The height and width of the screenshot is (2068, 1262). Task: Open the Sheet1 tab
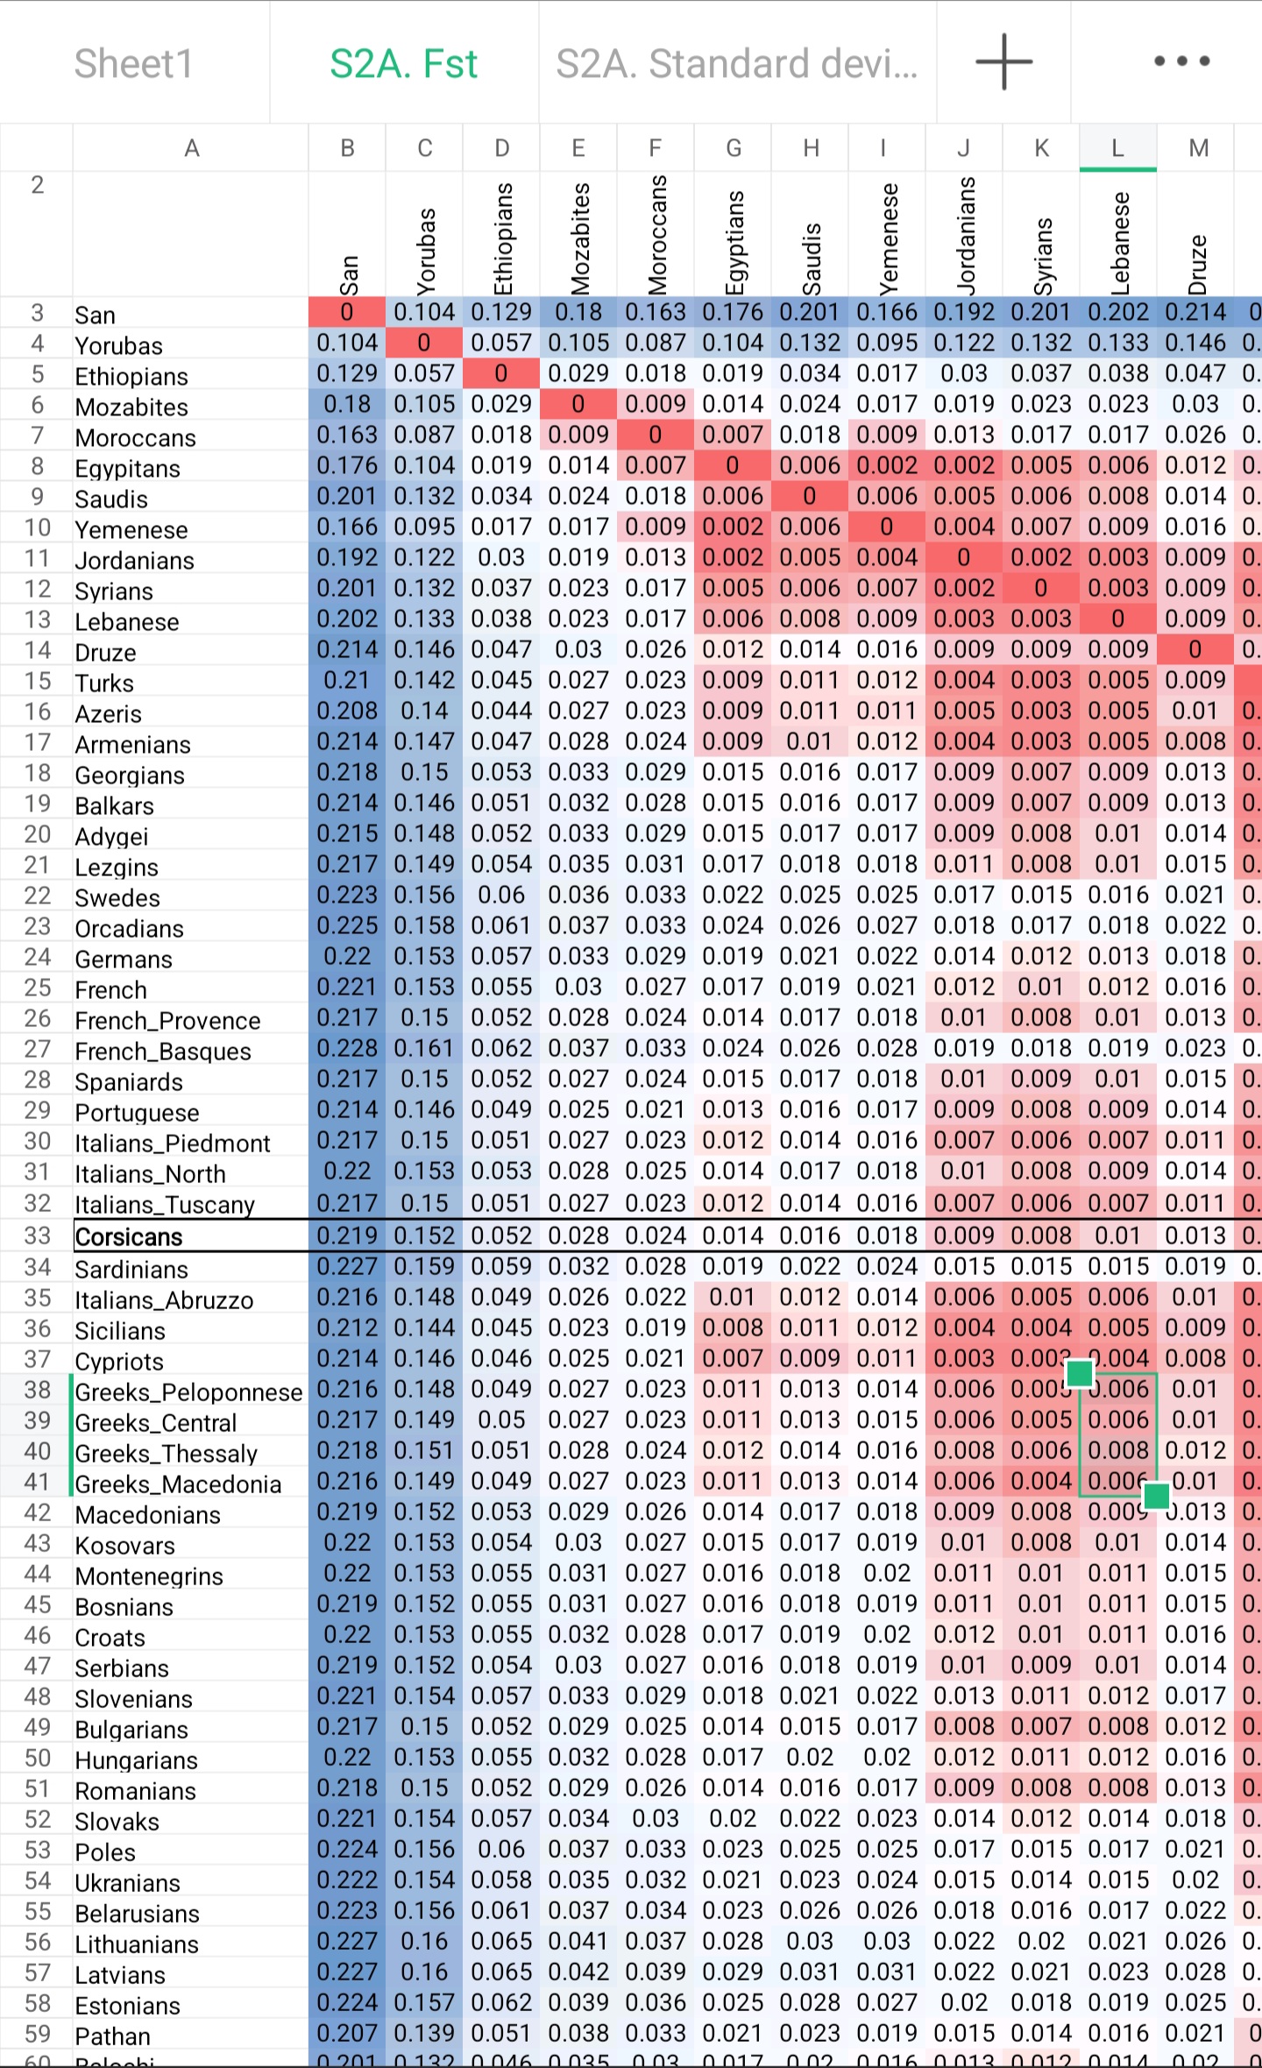point(133,63)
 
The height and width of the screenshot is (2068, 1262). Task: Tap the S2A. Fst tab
point(404,63)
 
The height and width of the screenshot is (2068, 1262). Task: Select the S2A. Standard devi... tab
point(737,63)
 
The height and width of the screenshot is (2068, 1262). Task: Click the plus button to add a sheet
point(1003,62)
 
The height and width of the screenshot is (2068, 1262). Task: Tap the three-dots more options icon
point(1181,61)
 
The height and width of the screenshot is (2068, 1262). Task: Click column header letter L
point(1117,148)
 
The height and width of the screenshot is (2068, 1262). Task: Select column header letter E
point(578,148)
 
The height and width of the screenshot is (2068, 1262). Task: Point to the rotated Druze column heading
point(1197,263)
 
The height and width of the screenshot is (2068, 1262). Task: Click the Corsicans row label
point(129,1236)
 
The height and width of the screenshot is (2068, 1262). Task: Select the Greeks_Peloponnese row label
point(188,1392)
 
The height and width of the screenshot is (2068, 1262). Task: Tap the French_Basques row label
point(163,1051)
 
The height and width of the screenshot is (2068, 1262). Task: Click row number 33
point(37,1236)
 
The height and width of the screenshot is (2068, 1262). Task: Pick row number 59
point(37,2033)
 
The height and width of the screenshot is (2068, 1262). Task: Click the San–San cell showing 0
point(347,313)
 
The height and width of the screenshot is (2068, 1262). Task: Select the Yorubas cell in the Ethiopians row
point(424,374)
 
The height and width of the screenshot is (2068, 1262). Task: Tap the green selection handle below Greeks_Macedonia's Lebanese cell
point(1156,1496)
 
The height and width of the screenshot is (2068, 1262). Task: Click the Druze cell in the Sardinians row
point(1195,1266)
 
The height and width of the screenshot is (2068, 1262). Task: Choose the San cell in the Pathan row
point(347,2033)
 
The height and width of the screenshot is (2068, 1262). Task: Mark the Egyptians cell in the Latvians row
point(733,1972)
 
